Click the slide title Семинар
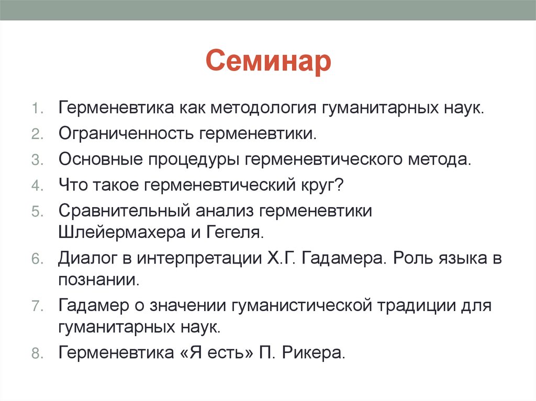(268, 62)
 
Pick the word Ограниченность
(126, 134)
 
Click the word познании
(99, 279)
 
